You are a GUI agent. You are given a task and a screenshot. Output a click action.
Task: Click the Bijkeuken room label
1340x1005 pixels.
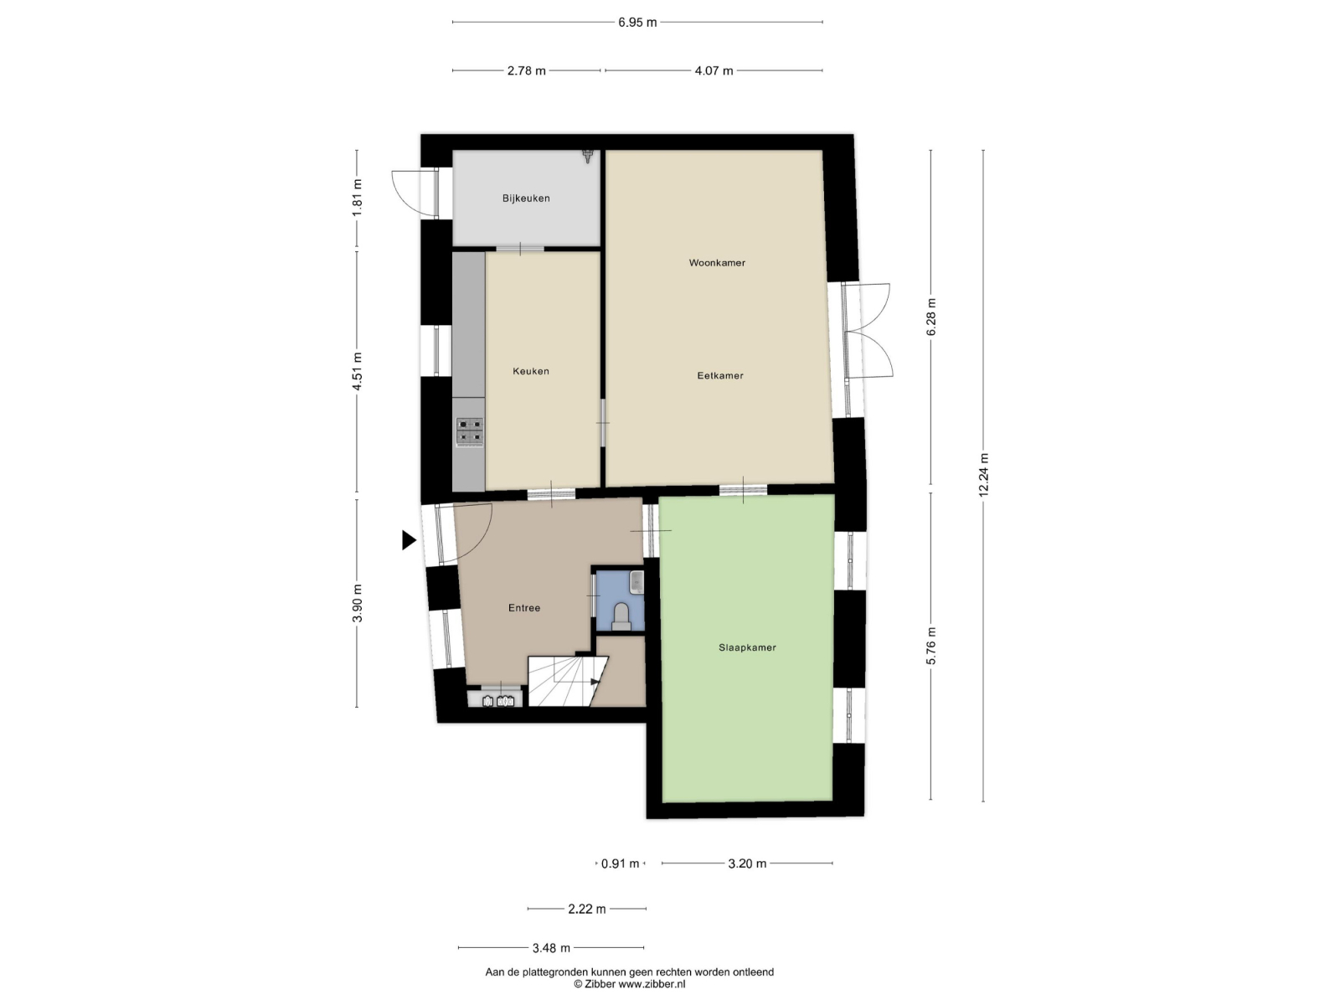click(x=526, y=198)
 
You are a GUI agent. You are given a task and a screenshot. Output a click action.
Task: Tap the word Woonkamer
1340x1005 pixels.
click(x=717, y=263)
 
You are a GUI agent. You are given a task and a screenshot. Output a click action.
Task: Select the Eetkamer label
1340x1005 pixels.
click(x=719, y=376)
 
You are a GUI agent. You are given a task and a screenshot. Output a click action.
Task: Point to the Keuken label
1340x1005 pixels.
click(x=530, y=371)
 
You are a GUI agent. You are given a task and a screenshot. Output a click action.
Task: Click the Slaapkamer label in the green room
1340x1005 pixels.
click(x=746, y=647)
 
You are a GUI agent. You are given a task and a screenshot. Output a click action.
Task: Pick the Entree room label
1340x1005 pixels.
click(x=523, y=608)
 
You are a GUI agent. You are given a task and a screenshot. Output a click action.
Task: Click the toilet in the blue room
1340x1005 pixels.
click(x=621, y=616)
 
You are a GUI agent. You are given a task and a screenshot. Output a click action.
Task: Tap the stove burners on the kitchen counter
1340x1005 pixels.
click(x=470, y=432)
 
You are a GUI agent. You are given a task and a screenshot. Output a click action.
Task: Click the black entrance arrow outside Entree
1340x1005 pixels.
click(x=409, y=540)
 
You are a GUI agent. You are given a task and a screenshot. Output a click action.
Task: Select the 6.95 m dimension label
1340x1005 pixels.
click(x=637, y=23)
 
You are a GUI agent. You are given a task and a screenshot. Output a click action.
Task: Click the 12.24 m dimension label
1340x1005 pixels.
click(x=983, y=475)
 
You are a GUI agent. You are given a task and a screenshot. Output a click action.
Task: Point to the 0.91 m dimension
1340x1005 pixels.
click(x=621, y=863)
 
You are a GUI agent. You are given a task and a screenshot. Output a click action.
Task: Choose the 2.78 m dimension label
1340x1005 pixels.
click(x=526, y=71)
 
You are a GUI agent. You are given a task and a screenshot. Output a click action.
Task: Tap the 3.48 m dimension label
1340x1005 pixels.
click(x=551, y=948)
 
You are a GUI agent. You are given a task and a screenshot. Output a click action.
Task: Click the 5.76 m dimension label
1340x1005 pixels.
click(x=931, y=647)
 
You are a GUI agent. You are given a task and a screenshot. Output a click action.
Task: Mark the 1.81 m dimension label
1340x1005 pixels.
click(x=357, y=197)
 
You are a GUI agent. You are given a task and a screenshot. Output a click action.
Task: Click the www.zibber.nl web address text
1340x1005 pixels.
click(x=652, y=984)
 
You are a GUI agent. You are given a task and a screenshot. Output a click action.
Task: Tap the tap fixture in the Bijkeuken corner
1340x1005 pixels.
click(x=588, y=157)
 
